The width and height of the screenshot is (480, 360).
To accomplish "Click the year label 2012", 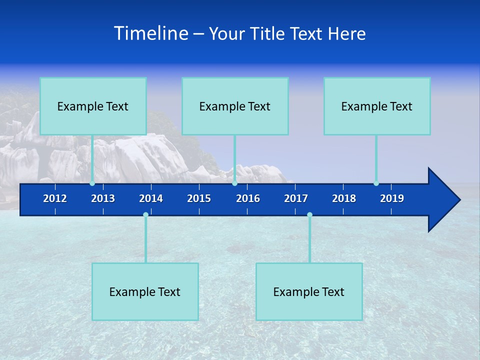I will coord(55,198).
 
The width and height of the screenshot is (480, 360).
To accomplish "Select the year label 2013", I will coord(103,198).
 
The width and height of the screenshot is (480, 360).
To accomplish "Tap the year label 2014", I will coord(151,198).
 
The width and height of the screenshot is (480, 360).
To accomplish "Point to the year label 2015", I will coord(199,198).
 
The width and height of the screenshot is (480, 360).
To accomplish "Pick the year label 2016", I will coord(248,198).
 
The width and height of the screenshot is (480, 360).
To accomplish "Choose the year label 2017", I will coord(296,198).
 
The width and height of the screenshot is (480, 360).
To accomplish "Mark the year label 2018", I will coord(344,198).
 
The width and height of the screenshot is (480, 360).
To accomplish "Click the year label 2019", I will coord(392,198).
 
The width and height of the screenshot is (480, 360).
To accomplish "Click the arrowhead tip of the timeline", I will coord(458,200).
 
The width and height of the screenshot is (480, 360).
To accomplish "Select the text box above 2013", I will coord(93,106).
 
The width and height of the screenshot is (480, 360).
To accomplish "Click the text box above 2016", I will coord(235,106).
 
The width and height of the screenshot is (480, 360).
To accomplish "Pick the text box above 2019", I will coord(377,106).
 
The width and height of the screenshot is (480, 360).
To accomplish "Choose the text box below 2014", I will coord(145,291).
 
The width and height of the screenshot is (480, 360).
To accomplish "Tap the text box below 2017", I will coord(309,291).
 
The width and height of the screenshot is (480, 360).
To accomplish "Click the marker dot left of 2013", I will coord(92,183).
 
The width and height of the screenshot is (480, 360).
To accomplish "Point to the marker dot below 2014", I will coord(145,214).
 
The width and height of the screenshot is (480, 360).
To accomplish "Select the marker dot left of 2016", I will coord(234,183).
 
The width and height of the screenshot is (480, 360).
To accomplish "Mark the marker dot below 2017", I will coord(309,214).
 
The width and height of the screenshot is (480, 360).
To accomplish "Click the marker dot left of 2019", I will coord(376,183).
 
